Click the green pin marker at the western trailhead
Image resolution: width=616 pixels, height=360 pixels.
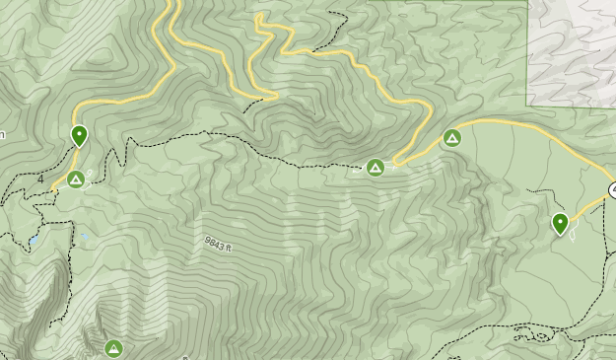point(79,136)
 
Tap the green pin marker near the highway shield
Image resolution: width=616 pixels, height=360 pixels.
point(560,224)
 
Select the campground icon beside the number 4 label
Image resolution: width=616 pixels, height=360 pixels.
point(76,180)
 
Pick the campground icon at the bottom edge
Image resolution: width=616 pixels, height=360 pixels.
point(113,348)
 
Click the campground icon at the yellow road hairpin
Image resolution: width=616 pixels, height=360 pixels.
point(376,169)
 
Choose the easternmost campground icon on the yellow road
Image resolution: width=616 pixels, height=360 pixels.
point(452,138)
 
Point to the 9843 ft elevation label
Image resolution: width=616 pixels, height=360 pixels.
point(218,242)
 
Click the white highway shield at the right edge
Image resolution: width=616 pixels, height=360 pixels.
point(611,189)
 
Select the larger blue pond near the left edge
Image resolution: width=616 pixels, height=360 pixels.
point(34,240)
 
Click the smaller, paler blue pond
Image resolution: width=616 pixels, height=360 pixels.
point(85,237)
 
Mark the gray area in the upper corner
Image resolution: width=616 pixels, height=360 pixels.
point(572,49)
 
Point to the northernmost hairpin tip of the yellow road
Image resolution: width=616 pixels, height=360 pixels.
point(260,17)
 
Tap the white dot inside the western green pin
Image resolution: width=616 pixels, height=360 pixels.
point(79,133)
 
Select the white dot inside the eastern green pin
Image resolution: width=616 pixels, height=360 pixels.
point(560,221)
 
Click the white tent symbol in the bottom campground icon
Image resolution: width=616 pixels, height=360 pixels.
point(113,348)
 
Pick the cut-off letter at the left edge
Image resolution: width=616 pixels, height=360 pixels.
point(3,134)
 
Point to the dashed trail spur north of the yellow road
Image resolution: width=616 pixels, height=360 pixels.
point(340,20)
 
